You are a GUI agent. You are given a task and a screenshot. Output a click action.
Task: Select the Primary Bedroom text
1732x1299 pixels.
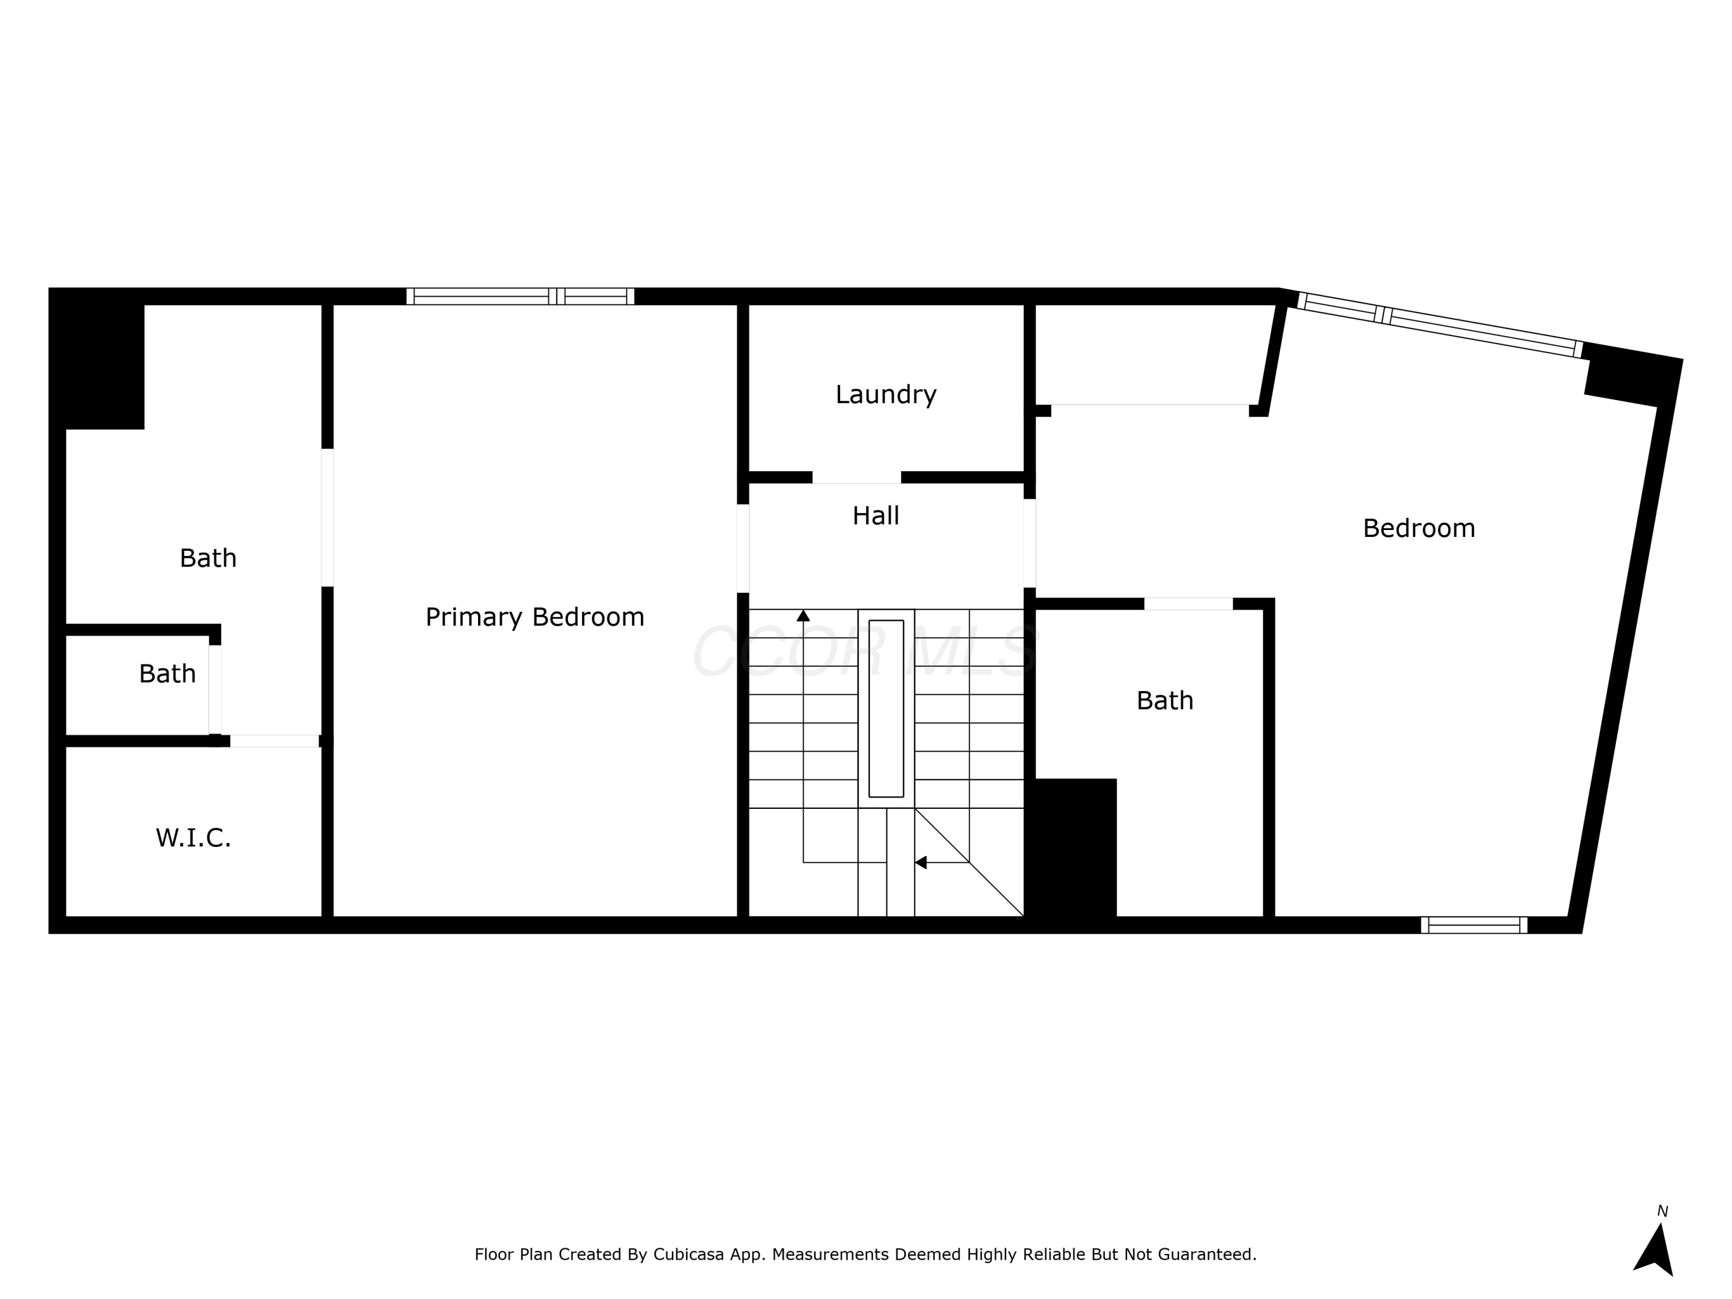(x=535, y=617)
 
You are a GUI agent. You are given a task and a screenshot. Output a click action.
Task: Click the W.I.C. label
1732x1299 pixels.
(x=193, y=838)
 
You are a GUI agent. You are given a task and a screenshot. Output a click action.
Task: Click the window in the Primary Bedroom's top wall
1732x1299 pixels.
(x=520, y=296)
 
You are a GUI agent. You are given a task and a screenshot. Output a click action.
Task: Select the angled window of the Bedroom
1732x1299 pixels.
(x=1439, y=325)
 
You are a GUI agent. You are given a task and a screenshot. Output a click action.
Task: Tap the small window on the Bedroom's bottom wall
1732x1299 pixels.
(x=1473, y=925)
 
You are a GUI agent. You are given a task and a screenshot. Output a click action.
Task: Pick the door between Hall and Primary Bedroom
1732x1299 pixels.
(x=743, y=548)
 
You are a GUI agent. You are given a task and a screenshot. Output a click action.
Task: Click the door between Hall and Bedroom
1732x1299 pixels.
(x=1029, y=543)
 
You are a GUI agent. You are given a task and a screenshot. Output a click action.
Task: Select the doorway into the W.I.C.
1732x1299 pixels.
(x=274, y=741)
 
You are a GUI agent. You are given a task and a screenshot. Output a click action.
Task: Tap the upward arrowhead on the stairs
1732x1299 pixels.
(x=804, y=615)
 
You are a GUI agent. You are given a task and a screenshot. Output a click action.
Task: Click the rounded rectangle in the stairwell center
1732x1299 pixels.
(x=886, y=708)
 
